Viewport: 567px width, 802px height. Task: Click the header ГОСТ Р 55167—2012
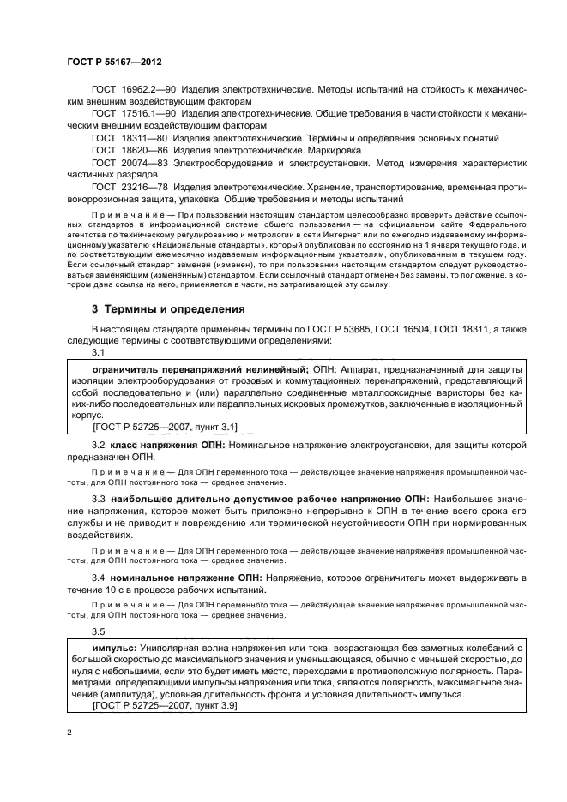point(114,63)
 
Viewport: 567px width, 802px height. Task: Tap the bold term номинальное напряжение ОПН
point(183,578)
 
